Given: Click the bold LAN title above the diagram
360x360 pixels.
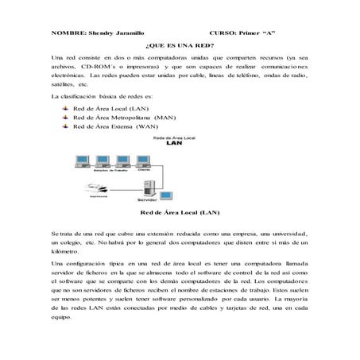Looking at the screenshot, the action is point(175,145).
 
